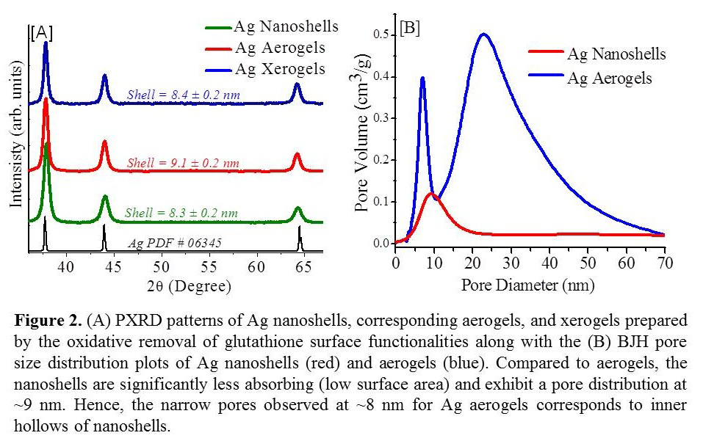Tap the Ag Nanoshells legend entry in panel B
click(616, 54)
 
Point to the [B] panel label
click(410, 29)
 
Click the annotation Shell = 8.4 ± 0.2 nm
click(183, 95)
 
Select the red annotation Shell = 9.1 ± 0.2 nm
click(183, 162)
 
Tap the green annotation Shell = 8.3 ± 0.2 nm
click(181, 213)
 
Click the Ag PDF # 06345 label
click(175, 243)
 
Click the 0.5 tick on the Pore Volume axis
click(381, 34)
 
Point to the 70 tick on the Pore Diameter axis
click(664, 262)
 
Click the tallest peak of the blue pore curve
click(483, 34)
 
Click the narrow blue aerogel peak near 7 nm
click(422, 78)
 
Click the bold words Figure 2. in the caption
click(46, 321)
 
